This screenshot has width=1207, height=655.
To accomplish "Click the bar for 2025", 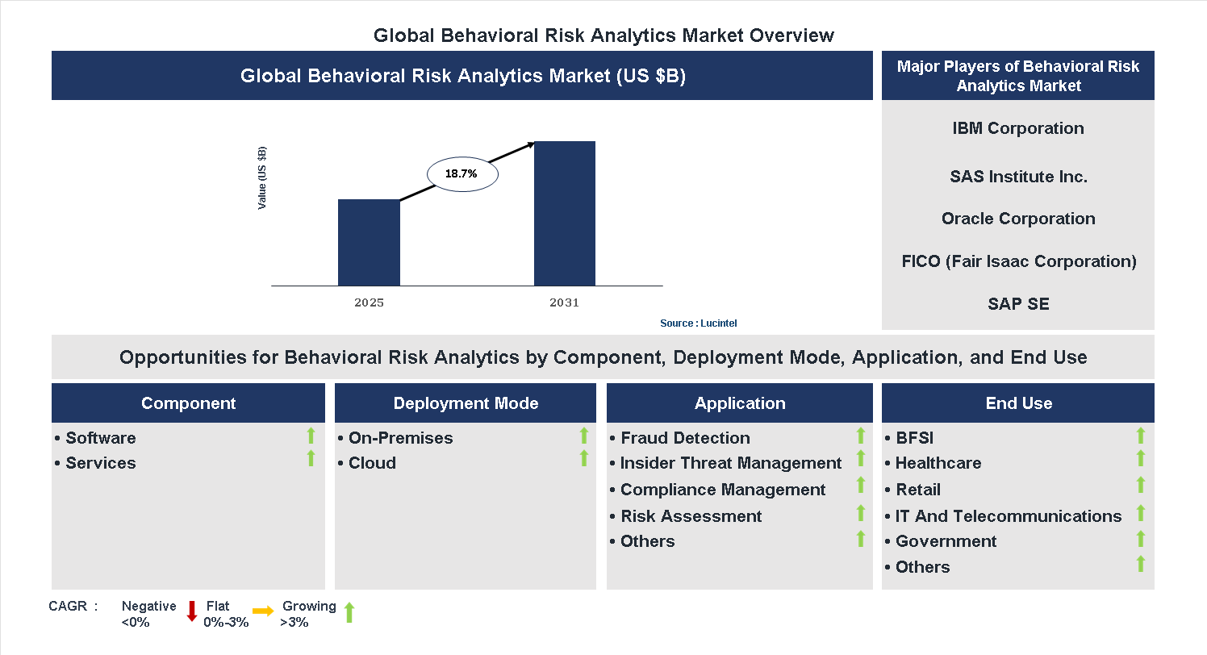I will coord(369,242).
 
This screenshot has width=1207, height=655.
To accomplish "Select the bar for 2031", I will coord(565,213).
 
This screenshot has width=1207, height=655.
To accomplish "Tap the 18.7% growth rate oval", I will coord(461,173).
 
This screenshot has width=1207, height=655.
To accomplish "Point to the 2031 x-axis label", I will coord(564,303).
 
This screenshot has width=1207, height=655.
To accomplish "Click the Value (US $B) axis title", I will coord(262,178).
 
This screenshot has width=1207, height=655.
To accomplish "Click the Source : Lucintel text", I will coord(698,323).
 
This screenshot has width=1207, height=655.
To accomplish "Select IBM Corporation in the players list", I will coord(1017,128).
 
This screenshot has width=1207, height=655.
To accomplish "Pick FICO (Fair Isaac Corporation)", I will coord(1018,261).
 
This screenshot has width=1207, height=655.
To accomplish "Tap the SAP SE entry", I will coord(1018,304).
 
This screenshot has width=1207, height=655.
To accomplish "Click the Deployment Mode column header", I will coord(466,403).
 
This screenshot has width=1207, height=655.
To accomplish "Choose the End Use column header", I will coord(1018,403).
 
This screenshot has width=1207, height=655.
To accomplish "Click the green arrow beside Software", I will coord(311,436).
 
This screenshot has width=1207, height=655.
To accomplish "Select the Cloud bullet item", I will coord(371,463).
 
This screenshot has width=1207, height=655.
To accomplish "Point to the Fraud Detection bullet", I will coord(684,438).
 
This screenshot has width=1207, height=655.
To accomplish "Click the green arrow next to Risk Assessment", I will coord(861,513).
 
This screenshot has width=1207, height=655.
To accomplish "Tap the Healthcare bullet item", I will coord(938,463).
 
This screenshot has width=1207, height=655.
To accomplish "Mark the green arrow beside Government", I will coord(1141,539).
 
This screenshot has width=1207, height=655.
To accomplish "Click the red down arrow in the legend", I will coord(192,611).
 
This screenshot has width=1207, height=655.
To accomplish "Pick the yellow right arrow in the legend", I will coord(263,611).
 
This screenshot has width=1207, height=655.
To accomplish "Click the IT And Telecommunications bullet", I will coord(1008,516).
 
